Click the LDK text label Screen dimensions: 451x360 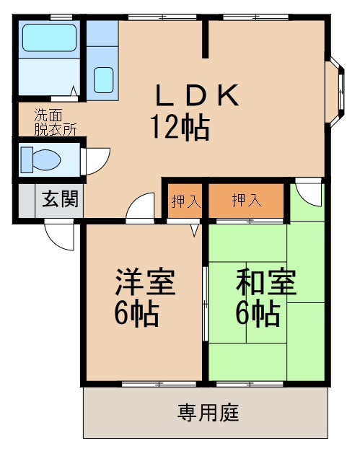[x=196, y=96]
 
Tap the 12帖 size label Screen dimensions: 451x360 [x=180, y=128]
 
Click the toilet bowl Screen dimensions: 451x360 [x=42, y=158]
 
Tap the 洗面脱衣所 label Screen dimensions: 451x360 [x=55, y=121]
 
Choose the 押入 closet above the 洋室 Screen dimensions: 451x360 [x=185, y=201]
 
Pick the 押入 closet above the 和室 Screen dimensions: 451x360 [x=246, y=201]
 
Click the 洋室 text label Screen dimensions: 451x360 [x=145, y=284]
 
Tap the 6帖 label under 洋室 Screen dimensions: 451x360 [x=136, y=315]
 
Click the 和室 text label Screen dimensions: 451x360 [x=266, y=284]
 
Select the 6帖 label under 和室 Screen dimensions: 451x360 [x=258, y=315]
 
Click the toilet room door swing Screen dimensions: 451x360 [x=96, y=159]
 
